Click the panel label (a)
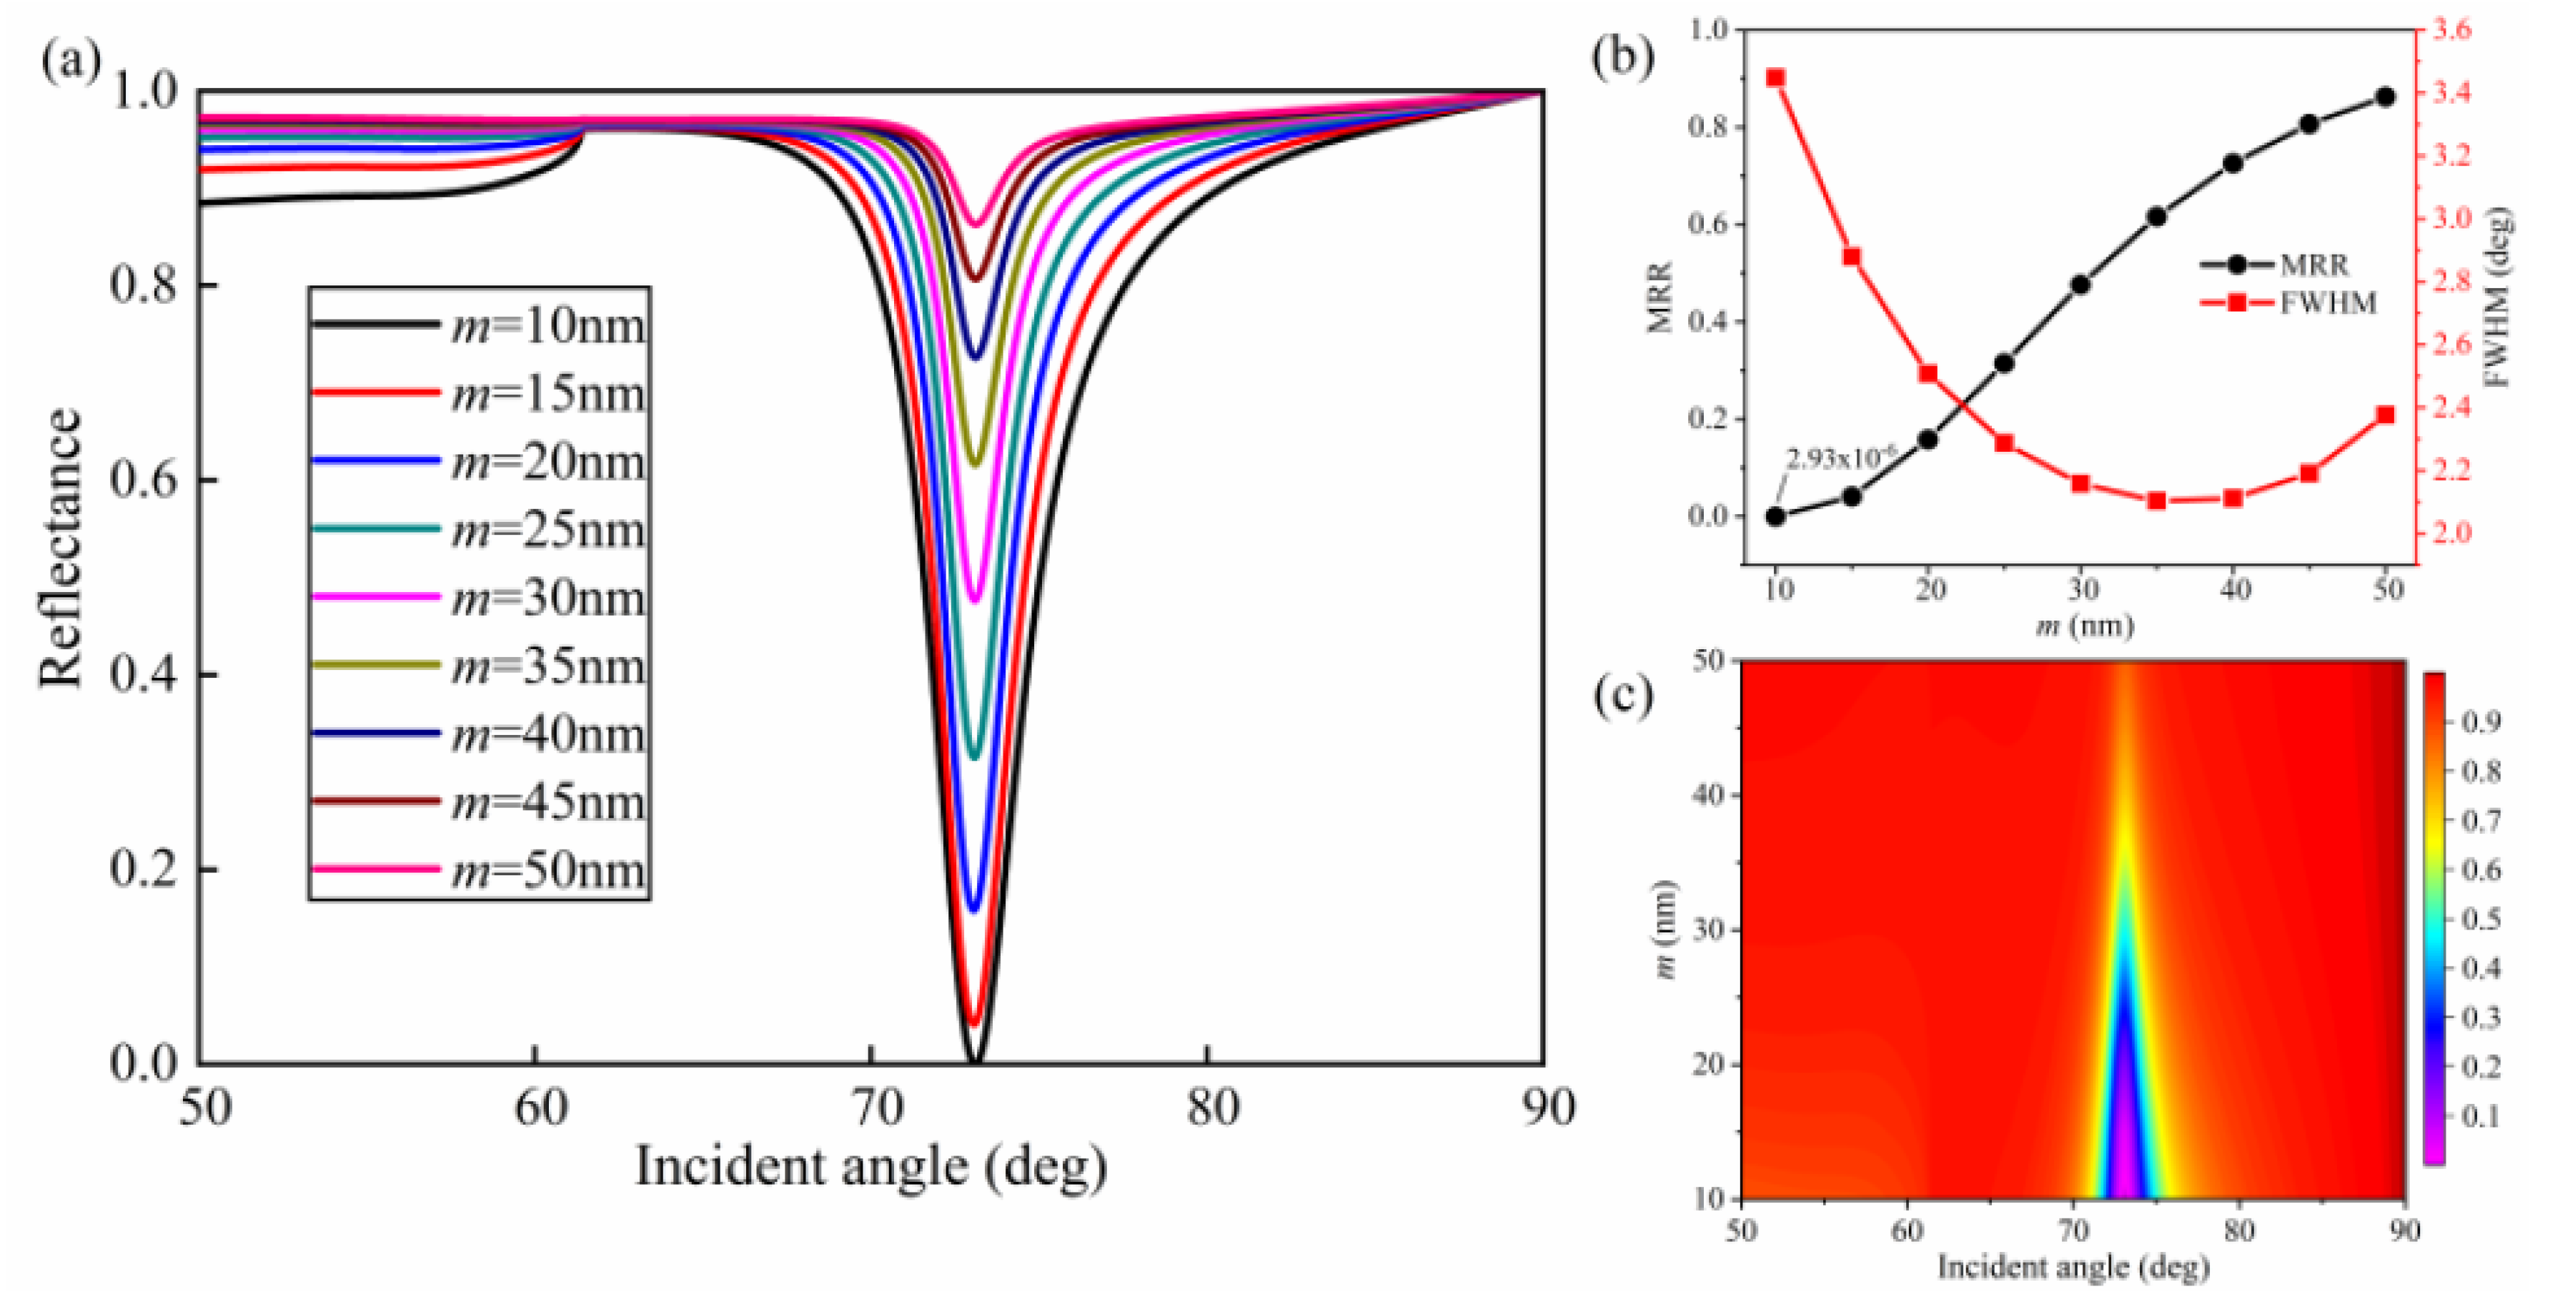69,61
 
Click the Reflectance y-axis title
59,548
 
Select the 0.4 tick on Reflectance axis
144,675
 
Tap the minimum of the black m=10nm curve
974,1060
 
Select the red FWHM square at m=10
1776,78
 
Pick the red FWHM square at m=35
2157,501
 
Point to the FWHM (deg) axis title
2499,297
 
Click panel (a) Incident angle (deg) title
871,1166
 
